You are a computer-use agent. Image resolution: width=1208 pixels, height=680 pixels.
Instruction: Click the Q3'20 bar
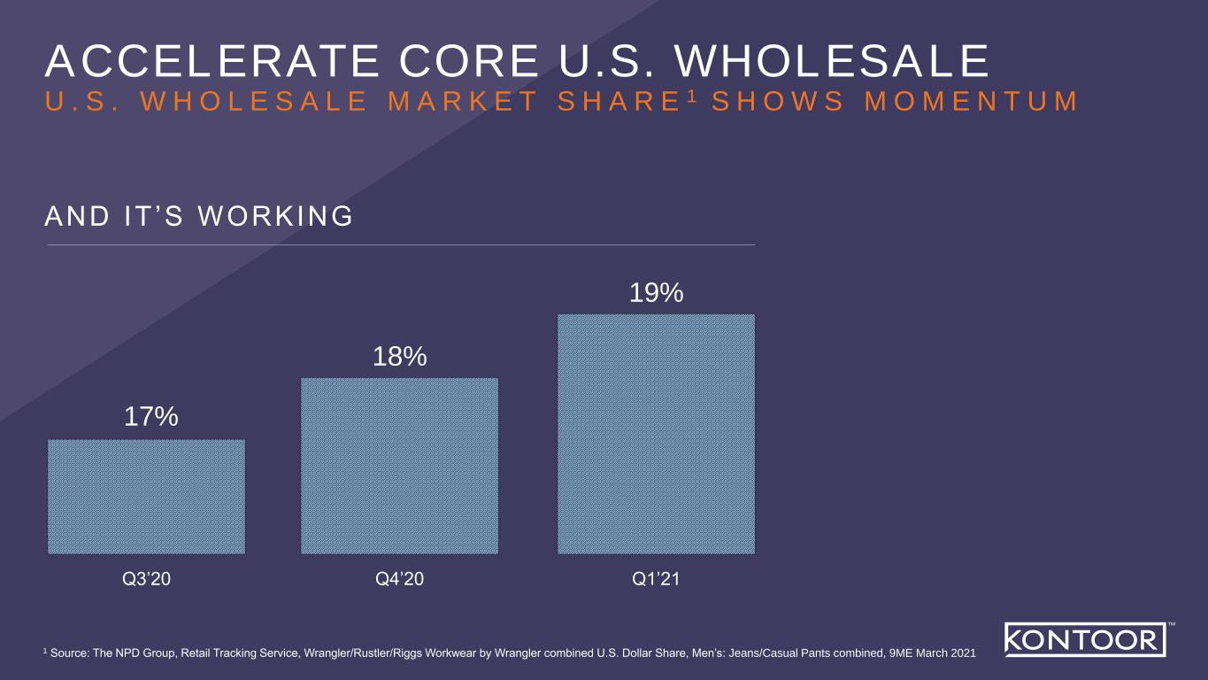[x=146, y=496]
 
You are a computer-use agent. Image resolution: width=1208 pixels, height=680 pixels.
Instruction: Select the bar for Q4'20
[x=399, y=466]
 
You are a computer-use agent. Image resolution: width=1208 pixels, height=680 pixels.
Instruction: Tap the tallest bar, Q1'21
[x=655, y=434]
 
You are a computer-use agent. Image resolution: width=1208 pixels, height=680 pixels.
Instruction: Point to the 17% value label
[x=150, y=416]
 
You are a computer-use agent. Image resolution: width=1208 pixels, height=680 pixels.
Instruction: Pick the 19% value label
[x=656, y=292]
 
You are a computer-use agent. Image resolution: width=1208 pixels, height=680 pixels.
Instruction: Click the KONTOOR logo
[x=1081, y=639]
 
